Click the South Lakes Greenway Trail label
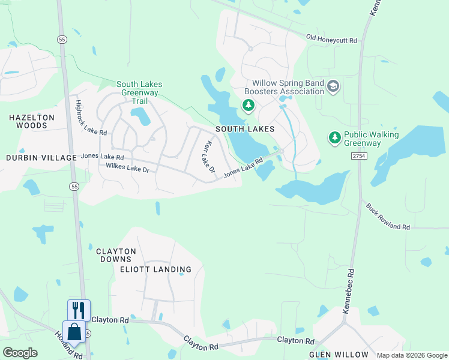(x=139, y=93)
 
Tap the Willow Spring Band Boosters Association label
(x=288, y=87)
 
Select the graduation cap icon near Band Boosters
(x=333, y=87)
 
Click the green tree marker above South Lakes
(x=249, y=106)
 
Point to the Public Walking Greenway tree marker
(x=335, y=138)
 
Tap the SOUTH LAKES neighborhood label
(x=245, y=129)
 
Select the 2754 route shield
(x=359, y=155)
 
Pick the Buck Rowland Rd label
(x=388, y=217)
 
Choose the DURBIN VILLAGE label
(x=41, y=158)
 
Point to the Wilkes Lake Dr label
(x=127, y=168)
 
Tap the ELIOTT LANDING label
(x=155, y=269)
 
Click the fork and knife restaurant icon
(x=79, y=310)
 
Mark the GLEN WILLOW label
(x=334, y=355)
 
